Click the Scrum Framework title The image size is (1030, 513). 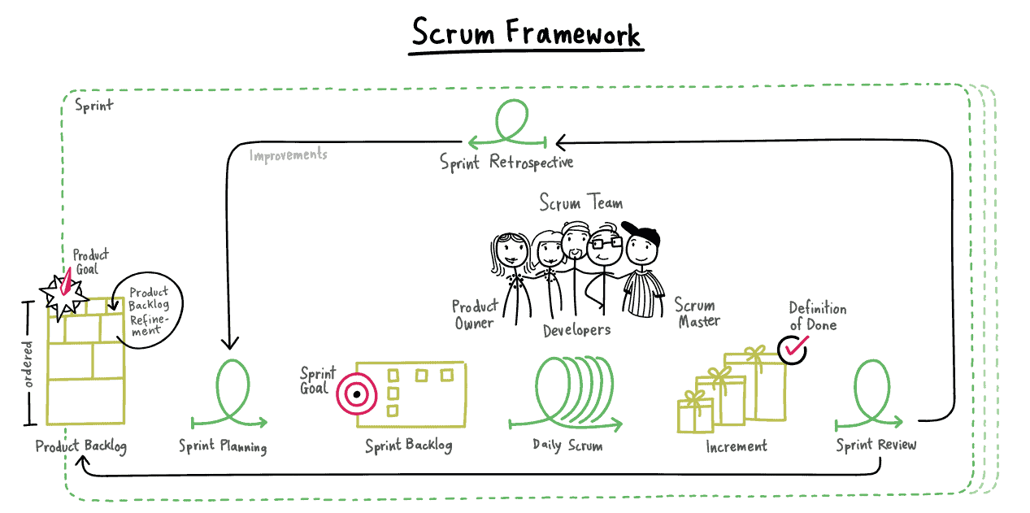click(525, 33)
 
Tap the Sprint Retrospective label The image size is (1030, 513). click(506, 162)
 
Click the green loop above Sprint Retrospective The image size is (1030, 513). click(511, 120)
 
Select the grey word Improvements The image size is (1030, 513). click(288, 154)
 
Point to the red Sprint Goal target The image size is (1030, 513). click(355, 394)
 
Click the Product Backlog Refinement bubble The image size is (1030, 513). click(149, 310)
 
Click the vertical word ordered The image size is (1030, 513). click(28, 363)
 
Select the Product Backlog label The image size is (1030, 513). click(80, 446)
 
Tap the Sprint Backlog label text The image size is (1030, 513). click(408, 446)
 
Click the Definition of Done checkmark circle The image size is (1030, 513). click(793, 348)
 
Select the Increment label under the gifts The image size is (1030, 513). click(736, 446)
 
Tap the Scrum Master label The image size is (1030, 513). click(696, 313)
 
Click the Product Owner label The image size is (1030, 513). click(474, 315)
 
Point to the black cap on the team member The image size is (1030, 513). click(642, 235)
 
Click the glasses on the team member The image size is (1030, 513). click(605, 241)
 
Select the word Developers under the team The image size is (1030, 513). click(576, 330)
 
